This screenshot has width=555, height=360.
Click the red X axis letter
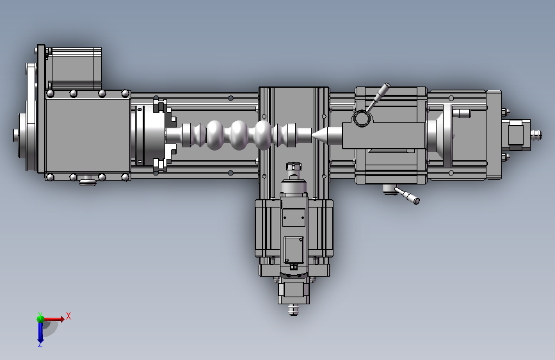click(x=68, y=316)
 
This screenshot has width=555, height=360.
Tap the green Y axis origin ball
click(x=40, y=319)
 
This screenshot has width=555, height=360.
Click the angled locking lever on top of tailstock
click(x=378, y=96)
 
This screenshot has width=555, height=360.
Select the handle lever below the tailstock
click(x=406, y=195)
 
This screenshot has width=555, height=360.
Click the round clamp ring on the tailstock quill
click(x=362, y=119)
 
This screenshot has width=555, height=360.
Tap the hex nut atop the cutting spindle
click(x=293, y=166)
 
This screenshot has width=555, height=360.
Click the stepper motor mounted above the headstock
click(x=74, y=69)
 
